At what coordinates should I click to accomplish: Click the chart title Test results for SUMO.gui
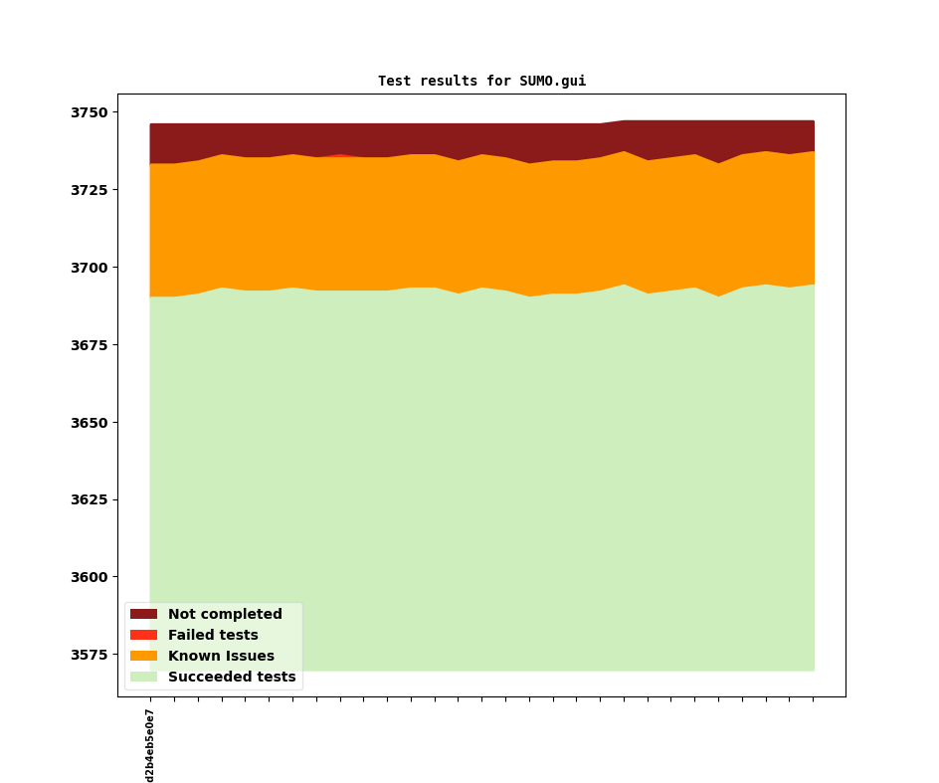482,81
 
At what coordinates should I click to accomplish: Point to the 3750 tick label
90,112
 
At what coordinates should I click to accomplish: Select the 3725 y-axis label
90,190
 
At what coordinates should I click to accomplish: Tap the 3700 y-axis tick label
90,268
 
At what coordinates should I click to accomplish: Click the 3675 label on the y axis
90,345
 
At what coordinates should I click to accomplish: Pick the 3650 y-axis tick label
90,423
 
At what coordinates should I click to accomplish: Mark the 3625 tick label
90,499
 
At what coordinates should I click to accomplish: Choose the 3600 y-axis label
90,577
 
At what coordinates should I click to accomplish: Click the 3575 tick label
90,655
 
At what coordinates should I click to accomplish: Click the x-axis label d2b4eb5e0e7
150,746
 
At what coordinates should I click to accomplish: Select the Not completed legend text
225,614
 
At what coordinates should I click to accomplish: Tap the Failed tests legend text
213,635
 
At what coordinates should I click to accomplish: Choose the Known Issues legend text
221,656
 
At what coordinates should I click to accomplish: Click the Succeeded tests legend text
232,677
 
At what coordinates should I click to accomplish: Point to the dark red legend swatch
143,614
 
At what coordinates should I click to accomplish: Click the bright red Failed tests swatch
143,635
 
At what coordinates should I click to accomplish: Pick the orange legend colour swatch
143,656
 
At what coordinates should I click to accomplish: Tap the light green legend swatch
143,677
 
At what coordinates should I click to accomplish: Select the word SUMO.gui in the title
553,81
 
